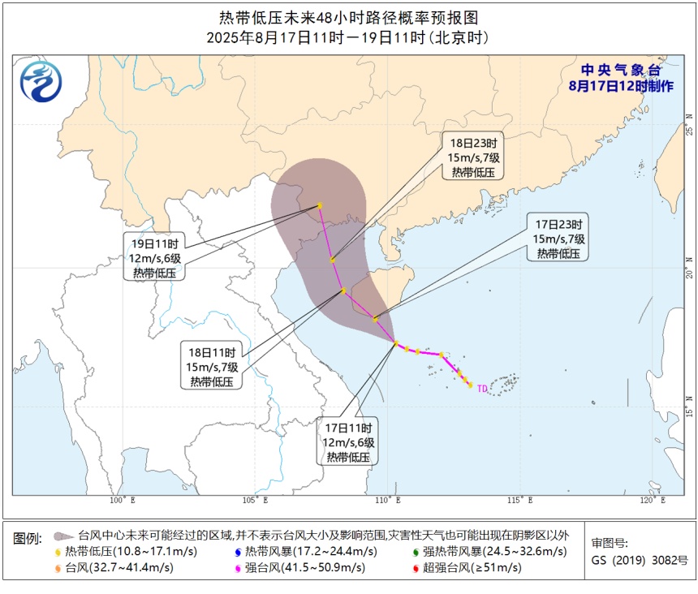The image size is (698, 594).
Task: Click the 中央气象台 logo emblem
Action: coord(41,81)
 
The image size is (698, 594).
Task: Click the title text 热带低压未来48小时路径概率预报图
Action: coord(349,18)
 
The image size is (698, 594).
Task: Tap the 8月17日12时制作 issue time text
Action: coord(621,86)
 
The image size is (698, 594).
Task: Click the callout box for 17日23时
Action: coord(558,239)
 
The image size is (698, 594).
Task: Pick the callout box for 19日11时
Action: coord(154,258)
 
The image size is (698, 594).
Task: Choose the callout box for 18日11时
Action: coord(211,368)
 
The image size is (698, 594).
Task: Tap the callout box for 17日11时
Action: coord(348,442)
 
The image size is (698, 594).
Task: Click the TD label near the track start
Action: coord(482,389)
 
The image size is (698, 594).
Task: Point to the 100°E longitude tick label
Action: coord(123,501)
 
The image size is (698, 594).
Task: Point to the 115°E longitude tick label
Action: coord(520,501)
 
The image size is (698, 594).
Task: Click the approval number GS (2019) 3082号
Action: coord(639,560)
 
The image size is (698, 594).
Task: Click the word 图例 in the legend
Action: coord(28,537)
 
